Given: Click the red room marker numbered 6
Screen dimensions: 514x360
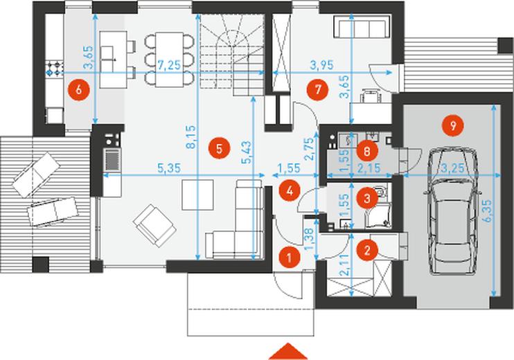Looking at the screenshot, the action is [79, 89].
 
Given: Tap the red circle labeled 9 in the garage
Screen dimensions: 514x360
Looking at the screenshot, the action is [453, 125].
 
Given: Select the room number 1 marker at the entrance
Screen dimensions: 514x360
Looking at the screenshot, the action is [289, 258].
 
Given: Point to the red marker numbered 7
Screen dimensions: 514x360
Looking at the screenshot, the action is [318, 89].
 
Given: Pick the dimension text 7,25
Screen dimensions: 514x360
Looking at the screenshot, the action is [169, 65].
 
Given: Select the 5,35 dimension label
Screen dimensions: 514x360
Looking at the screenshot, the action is [169, 168].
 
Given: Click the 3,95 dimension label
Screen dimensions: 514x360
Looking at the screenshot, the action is [322, 65].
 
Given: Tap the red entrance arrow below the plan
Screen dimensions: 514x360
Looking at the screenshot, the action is [288, 352].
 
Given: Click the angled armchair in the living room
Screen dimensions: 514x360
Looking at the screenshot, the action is [154, 226].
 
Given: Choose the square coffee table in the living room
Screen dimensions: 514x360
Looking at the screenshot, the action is [198, 195].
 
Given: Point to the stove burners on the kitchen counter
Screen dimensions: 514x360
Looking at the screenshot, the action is [55, 68].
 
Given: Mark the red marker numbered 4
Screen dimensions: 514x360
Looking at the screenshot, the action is [290, 190].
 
